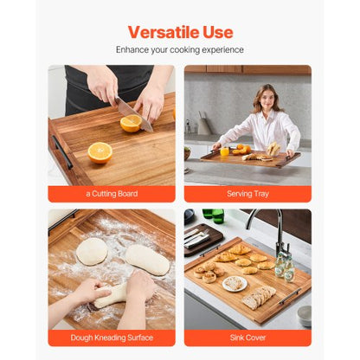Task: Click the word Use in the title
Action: point(217,32)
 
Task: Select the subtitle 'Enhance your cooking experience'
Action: point(180,50)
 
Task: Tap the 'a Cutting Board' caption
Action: point(111,193)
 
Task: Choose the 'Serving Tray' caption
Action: point(247,193)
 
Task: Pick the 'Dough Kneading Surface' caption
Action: point(111,337)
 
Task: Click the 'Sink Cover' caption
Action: point(247,337)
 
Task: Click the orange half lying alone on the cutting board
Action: point(100,151)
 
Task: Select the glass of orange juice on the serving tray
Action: point(224,151)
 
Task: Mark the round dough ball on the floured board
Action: point(91,251)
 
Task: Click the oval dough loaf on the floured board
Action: point(147,259)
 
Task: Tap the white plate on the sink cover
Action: point(235,283)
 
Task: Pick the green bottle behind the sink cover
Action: point(214,215)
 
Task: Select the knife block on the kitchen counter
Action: point(202,125)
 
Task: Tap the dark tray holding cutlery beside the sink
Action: point(203,239)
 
